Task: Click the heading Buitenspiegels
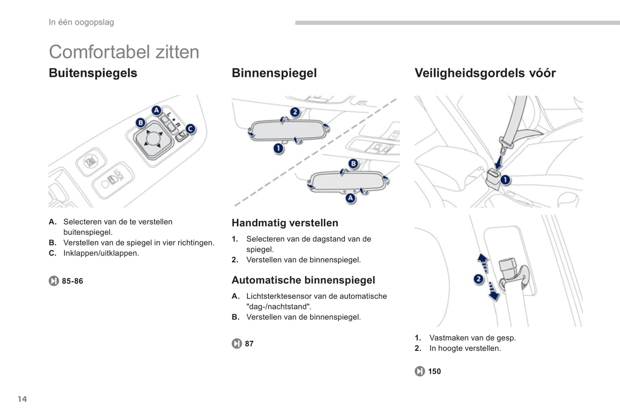click(x=93, y=73)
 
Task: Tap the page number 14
click(x=22, y=399)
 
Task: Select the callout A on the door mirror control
click(x=157, y=110)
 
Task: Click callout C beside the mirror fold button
click(x=191, y=129)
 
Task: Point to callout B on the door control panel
click(x=141, y=122)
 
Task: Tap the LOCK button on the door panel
click(x=113, y=180)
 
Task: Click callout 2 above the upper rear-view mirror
click(x=295, y=112)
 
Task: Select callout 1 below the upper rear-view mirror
click(x=278, y=149)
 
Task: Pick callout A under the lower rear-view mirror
click(x=351, y=198)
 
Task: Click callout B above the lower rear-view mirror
click(x=353, y=164)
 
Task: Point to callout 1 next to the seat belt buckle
click(x=505, y=180)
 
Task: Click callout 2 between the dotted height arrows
click(x=478, y=279)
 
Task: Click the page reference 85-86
click(x=73, y=281)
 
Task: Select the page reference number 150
click(x=434, y=371)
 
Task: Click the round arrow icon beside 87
click(x=237, y=344)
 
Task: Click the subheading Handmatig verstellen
click(x=285, y=223)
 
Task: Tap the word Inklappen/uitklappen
click(x=101, y=253)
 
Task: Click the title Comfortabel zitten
click(x=124, y=52)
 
